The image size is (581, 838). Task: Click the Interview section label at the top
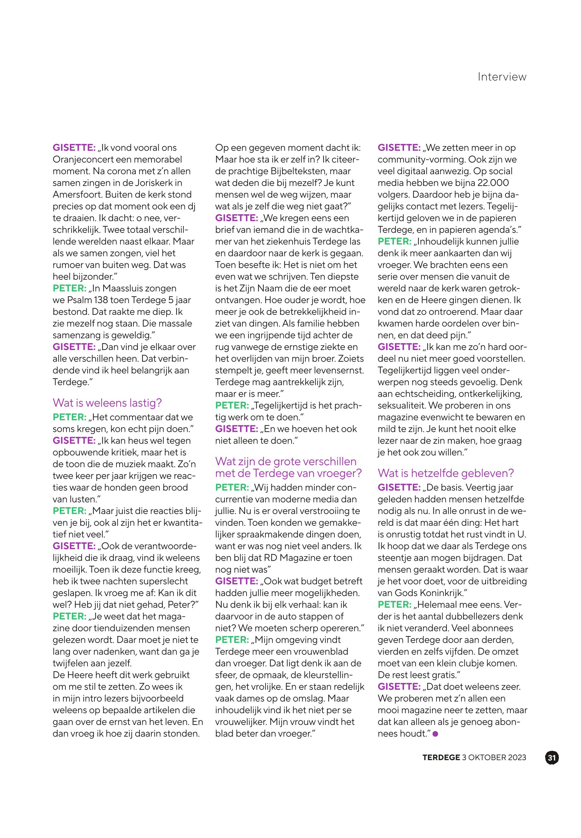tap(502, 77)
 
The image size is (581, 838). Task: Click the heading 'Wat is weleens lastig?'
tap(107, 403)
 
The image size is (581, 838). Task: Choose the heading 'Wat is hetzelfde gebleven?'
tap(446, 473)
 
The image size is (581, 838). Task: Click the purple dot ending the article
tap(436, 734)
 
